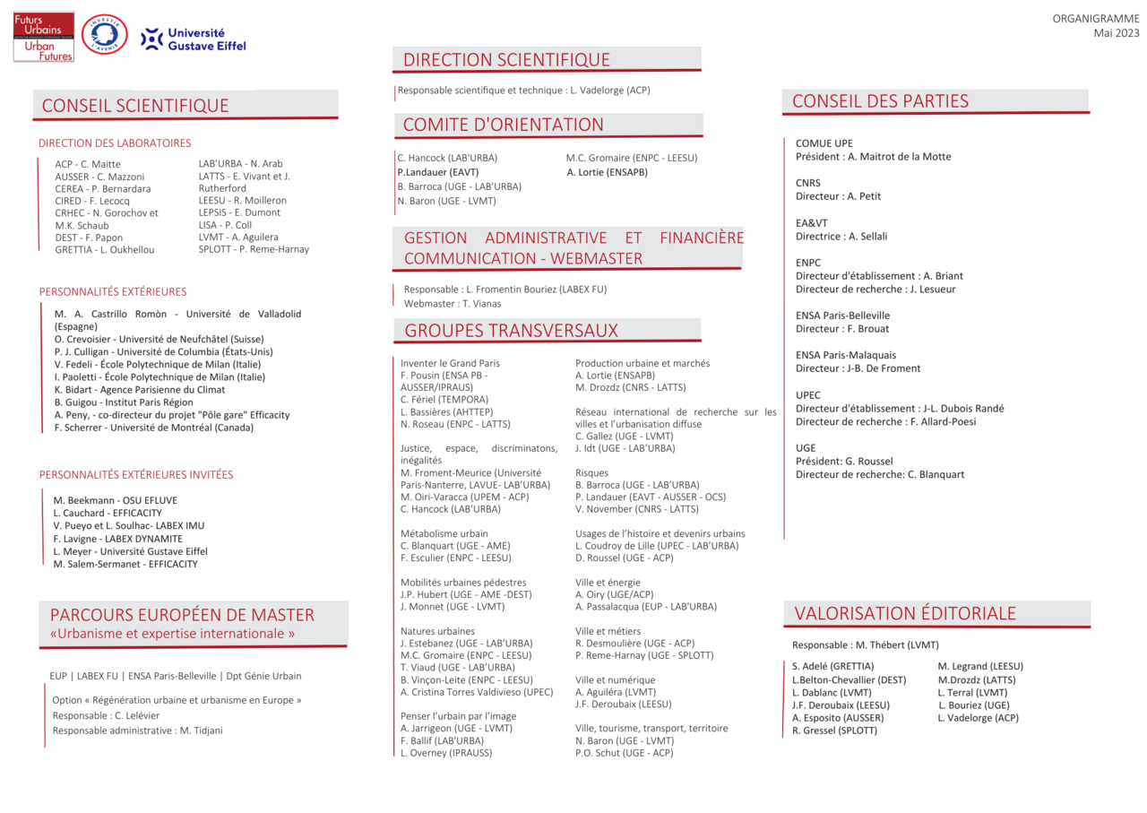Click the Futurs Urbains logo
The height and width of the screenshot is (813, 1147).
(43, 38)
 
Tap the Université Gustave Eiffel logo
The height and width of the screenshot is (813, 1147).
(194, 39)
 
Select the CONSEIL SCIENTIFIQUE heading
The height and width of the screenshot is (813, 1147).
(135, 106)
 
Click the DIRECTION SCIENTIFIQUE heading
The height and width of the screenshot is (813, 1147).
(506, 60)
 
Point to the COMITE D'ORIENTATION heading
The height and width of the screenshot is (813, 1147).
(503, 125)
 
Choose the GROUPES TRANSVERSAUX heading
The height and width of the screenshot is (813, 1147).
(511, 330)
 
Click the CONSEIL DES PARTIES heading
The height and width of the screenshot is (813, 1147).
(880, 101)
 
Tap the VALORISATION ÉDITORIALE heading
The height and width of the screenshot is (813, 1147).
(905, 613)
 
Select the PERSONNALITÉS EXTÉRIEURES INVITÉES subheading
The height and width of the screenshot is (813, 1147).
(135, 475)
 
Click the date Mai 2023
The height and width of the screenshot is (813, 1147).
(1116, 33)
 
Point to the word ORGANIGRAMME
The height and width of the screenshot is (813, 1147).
(1095, 19)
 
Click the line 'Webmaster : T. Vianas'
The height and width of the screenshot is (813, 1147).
(452, 304)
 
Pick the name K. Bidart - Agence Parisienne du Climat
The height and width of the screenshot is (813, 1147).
(140, 390)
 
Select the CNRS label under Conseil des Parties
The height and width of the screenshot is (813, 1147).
(807, 183)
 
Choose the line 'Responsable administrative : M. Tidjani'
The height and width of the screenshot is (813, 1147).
(137, 731)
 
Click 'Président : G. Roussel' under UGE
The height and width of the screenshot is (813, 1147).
(844, 462)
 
